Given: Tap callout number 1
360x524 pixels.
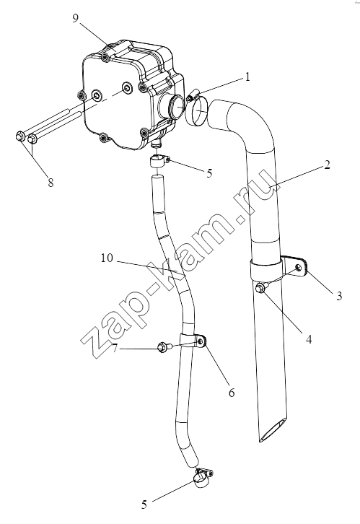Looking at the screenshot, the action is tap(247, 77).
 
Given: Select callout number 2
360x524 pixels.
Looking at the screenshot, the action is tap(327, 165).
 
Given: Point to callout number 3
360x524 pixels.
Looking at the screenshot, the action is tap(339, 296).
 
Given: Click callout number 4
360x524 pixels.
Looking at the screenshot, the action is tap(309, 339).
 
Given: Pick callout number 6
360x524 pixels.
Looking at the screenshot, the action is tap(232, 393).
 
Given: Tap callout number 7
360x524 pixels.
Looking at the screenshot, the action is tap(115, 348).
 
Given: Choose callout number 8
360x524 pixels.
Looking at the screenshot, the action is tap(51, 183).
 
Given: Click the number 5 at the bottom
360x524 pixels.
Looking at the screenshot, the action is tap(144, 505).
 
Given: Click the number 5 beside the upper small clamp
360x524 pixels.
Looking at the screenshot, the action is tap(209, 173).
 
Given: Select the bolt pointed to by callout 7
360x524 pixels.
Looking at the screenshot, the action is tap(164, 348).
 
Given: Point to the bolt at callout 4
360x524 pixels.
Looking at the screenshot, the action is tap(260, 288).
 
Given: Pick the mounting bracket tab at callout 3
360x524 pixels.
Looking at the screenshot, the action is tap(296, 266).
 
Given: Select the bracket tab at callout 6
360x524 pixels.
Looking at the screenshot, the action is tap(199, 341).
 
